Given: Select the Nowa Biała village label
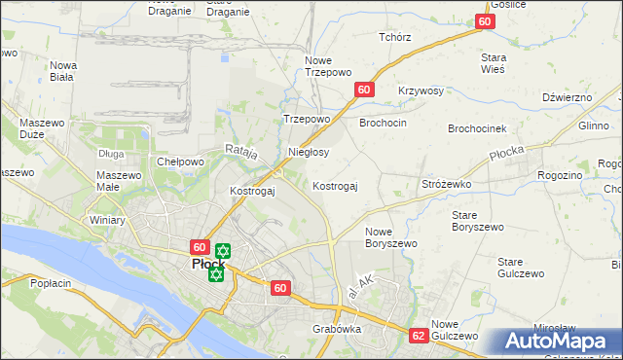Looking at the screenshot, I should (62, 72).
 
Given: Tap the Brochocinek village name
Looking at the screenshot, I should (477, 128).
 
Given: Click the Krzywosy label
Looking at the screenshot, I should (421, 90).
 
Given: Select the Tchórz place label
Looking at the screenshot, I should (395, 37).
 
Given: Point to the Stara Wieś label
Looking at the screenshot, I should (493, 63).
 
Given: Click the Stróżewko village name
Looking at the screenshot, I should (446, 183).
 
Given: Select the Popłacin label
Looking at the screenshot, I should (51, 283).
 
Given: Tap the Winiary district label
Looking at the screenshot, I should (108, 220).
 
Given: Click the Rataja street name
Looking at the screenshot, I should (240, 151).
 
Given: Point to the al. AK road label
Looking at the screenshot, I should (360, 286).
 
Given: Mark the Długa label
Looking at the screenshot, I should (111, 153).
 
